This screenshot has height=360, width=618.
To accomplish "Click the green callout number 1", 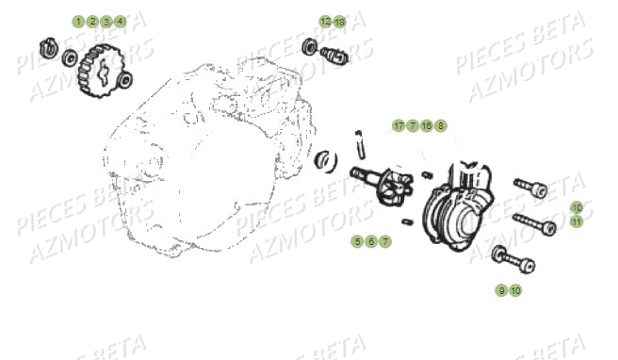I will pyautogui.click(x=79, y=21).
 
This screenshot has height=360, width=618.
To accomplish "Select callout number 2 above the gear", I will pyautogui.click(x=92, y=21).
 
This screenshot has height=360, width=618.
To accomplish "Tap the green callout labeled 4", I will pyautogui.click(x=120, y=21).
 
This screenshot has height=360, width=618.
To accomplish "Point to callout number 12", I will pyautogui.click(x=325, y=21).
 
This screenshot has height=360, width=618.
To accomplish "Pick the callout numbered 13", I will pyautogui.click(x=339, y=21).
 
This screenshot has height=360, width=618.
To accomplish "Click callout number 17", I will pyautogui.click(x=398, y=125).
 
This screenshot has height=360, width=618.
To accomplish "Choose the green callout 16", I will pyautogui.click(x=427, y=125).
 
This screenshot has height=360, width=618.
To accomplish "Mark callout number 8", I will pyautogui.click(x=441, y=125).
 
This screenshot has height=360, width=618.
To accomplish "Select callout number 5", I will pyautogui.click(x=358, y=242).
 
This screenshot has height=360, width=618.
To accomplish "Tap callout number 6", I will pyautogui.click(x=371, y=242).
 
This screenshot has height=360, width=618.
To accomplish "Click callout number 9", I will pyautogui.click(x=501, y=290).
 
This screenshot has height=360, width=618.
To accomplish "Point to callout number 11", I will pyautogui.click(x=577, y=221).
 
